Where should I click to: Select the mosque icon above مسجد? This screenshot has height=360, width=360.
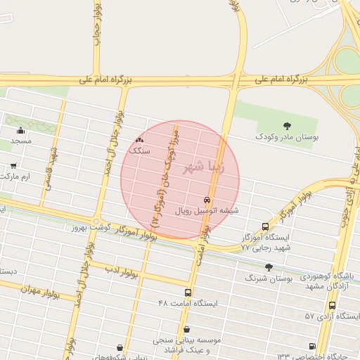(20, 130)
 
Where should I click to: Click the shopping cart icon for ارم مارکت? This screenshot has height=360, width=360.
(13, 166)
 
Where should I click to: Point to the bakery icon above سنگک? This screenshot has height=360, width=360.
(139, 141)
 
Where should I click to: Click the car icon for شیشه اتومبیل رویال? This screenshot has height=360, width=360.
(206, 200)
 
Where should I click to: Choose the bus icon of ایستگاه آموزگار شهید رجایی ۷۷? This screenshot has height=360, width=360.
(264, 226)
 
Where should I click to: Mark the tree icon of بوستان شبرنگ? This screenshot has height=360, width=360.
(269, 266)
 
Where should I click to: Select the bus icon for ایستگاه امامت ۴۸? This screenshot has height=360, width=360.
(188, 292)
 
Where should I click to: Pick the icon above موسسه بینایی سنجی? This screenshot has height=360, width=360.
(186, 329)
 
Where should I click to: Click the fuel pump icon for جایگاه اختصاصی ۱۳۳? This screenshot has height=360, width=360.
(312, 346)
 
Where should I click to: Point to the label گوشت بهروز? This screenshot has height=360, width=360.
(87, 229)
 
